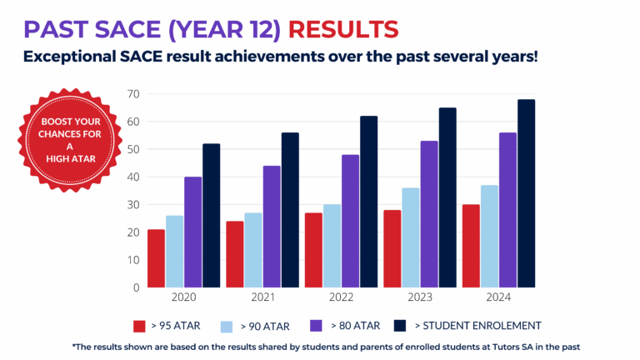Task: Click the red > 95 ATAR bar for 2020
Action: [x=156, y=258]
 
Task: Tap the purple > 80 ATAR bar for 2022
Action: [x=350, y=221]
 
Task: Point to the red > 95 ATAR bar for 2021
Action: [x=234, y=254]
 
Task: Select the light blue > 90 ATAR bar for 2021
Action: [x=252, y=250]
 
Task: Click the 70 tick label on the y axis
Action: [x=133, y=94]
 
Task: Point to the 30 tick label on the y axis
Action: [x=133, y=205]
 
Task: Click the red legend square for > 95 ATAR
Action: [x=140, y=325]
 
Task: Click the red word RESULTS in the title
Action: [x=343, y=28]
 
